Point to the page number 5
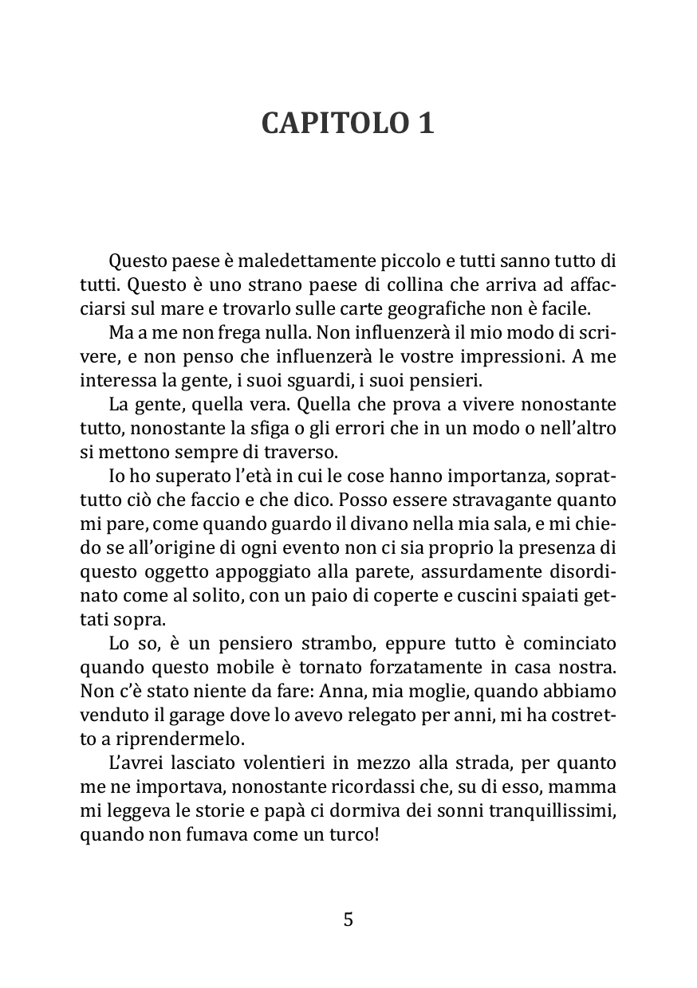348,919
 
